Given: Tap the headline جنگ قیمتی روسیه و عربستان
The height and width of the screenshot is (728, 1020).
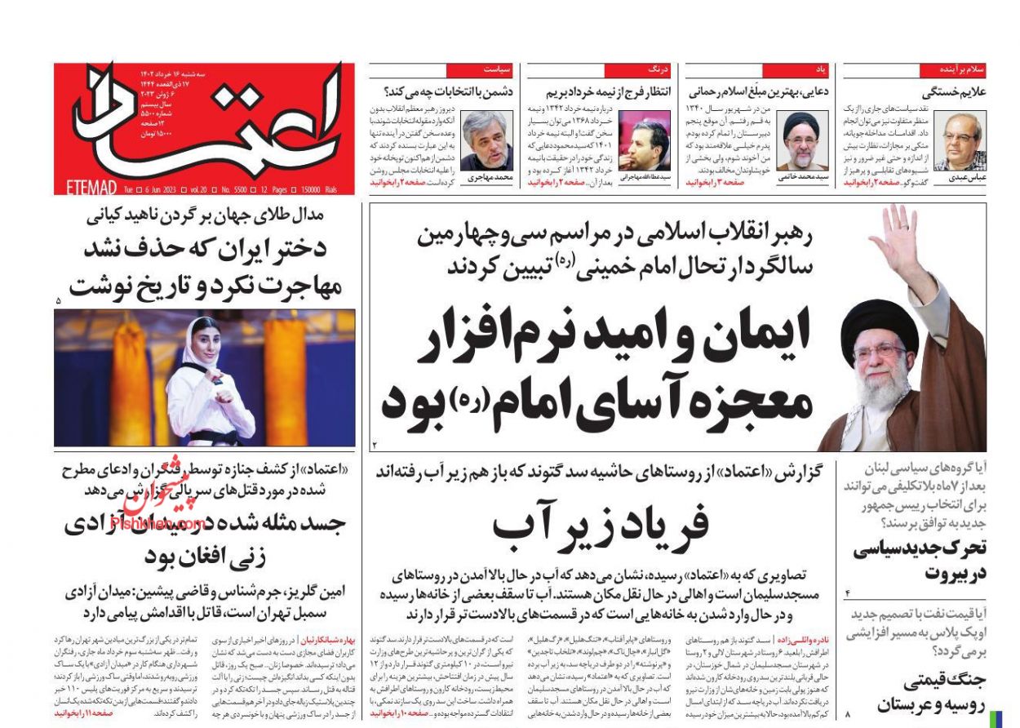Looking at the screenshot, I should [933, 693].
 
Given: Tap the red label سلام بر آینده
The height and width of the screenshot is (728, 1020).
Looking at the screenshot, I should [962, 69].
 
